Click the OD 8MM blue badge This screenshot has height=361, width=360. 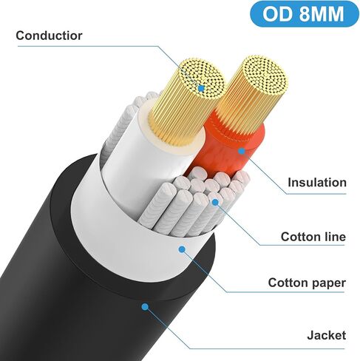tap(304, 14)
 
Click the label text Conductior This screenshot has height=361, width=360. tap(49, 36)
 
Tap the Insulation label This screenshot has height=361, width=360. tap(317, 183)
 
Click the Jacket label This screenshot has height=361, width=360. tap(327, 335)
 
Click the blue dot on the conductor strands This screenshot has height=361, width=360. tap(202, 88)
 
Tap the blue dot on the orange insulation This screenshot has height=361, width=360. tap(242, 151)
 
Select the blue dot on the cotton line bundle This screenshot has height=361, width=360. tap(215, 203)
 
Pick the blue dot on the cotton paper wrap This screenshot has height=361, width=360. tap(182, 249)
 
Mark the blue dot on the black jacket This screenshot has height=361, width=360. tap(145, 307)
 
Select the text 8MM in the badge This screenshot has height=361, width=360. tap(322, 14)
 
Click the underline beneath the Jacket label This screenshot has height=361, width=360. tap(268, 348)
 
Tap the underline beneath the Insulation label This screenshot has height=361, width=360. tap(316, 194)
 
